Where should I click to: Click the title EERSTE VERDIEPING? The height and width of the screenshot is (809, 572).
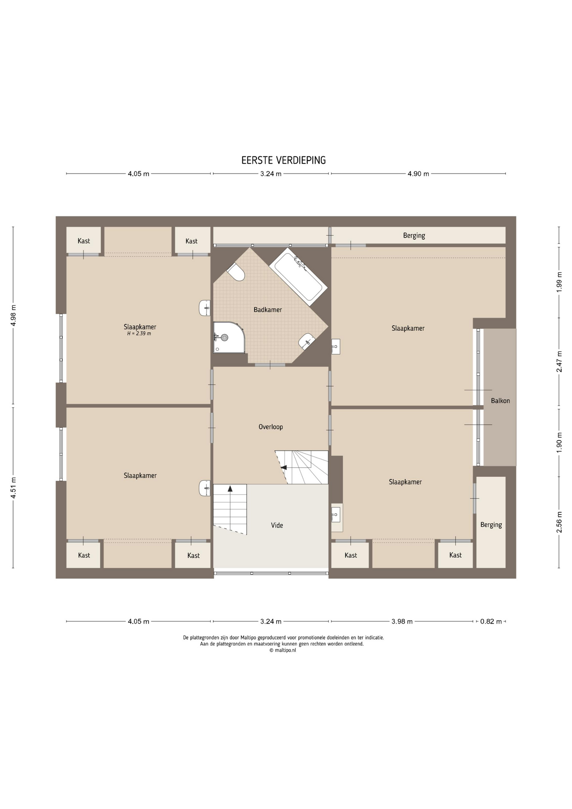coord(283,160)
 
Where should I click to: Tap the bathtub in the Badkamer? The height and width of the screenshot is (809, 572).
coord(299,276)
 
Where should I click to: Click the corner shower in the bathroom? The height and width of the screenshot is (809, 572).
coord(229,338)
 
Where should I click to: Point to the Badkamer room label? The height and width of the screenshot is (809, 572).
coord(267,310)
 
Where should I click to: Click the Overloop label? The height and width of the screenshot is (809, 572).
coord(270,427)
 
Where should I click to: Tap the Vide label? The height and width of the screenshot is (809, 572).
coord(277,525)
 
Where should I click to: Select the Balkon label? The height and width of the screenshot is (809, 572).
coord(500,401)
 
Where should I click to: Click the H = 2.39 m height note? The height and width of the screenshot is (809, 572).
coord(139,334)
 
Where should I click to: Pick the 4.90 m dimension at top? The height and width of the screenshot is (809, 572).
coord(418,174)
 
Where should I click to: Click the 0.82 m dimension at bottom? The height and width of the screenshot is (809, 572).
coord(491,621)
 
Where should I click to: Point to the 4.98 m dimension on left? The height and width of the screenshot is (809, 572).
coord(13,315)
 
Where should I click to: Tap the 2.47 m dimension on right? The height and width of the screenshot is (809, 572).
coord(559,362)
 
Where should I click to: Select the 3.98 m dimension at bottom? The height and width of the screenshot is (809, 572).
coord(402,621)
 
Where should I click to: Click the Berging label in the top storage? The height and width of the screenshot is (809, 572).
coord(414,236)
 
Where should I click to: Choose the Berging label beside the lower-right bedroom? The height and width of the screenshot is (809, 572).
coord(491,525)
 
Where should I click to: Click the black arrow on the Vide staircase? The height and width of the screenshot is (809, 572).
coord(230,489)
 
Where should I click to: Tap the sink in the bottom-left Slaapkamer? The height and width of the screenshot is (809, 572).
coord(205,488)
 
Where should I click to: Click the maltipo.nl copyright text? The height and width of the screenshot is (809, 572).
coord(283,650)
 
